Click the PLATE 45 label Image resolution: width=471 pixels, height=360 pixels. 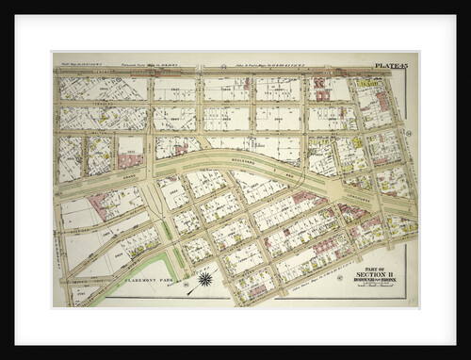click(390, 64)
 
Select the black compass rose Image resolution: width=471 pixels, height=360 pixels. click(203, 279)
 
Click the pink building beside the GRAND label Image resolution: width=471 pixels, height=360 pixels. click(129, 161)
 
